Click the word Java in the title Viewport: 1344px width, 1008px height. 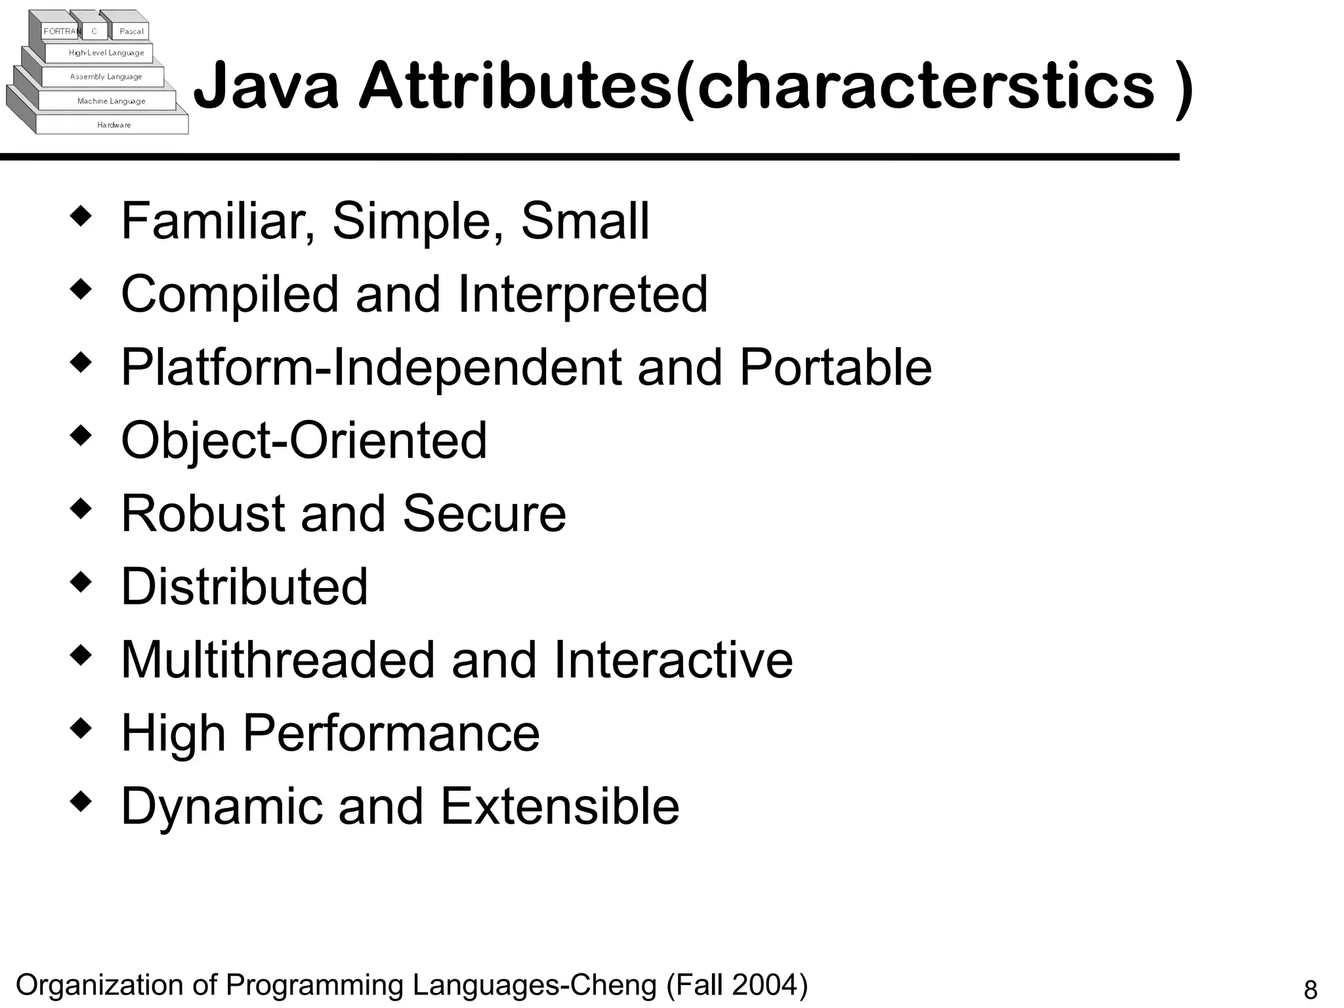point(266,86)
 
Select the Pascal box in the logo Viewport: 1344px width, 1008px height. point(131,31)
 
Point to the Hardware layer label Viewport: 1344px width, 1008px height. point(114,125)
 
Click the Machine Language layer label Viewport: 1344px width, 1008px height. point(111,101)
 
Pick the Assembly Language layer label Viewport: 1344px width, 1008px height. point(106,77)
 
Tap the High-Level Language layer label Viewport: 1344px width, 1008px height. point(106,53)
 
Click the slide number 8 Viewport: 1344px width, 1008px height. point(1310,990)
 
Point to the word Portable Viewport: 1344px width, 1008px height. point(835,367)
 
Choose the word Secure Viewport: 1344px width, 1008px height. point(484,513)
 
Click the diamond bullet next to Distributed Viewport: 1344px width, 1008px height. point(80,581)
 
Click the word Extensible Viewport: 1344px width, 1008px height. point(560,806)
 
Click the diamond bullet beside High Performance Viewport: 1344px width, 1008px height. point(80,728)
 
